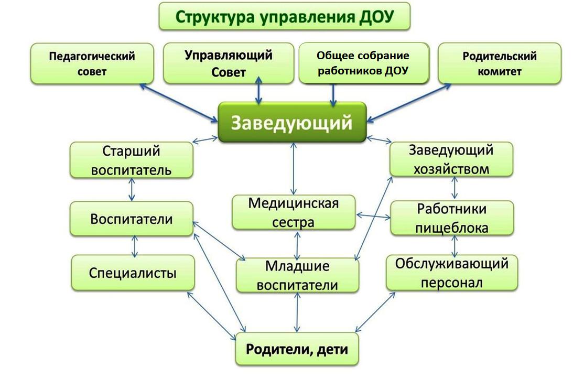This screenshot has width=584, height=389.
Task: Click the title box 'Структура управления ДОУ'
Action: [284, 16]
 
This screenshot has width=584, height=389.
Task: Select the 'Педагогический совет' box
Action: [92, 63]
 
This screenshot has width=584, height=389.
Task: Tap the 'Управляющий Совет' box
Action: [229, 63]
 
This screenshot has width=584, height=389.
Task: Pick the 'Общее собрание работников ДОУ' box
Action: [364, 63]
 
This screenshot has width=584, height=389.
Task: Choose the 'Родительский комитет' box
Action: [500, 63]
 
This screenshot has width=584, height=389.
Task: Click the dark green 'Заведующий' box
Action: [292, 122]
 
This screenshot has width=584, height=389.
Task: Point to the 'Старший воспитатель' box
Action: [132, 160]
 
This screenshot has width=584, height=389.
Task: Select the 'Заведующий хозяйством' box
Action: [451, 159]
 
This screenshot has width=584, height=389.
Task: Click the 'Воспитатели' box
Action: [132, 219]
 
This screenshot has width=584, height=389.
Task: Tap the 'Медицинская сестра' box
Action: [294, 212]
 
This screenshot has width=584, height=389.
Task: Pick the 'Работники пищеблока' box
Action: [452, 218]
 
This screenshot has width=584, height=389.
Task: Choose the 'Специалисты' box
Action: [133, 273]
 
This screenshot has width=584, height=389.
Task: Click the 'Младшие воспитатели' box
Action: [298, 275]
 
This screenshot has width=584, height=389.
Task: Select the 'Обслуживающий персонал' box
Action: [452, 273]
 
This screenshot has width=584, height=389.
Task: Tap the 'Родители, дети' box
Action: [297, 349]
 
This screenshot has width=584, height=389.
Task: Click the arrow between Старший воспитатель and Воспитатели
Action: [132, 190]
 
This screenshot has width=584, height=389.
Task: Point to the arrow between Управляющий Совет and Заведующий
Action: [258, 91]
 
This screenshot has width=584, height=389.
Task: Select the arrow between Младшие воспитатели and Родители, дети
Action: [297, 312]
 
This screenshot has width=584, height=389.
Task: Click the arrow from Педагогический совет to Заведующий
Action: [179, 103]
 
